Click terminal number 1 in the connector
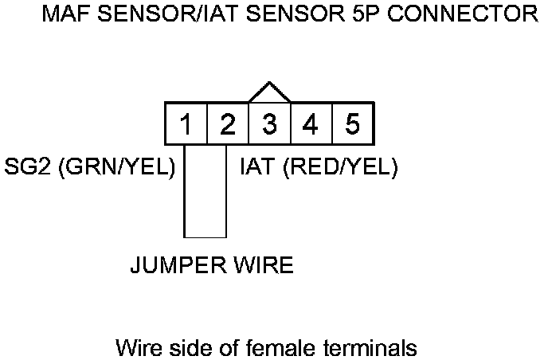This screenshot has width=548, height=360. pyautogui.click(x=185, y=124)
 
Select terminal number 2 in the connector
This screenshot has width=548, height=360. pyautogui.click(x=228, y=124)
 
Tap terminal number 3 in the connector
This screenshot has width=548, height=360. pyautogui.click(x=270, y=124)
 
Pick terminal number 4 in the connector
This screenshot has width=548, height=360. pyautogui.click(x=311, y=124)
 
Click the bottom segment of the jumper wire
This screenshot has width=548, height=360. pyautogui.click(x=205, y=237)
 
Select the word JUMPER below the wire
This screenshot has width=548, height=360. pyautogui.click(x=178, y=265)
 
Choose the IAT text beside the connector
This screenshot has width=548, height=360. pyautogui.click(x=258, y=168)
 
